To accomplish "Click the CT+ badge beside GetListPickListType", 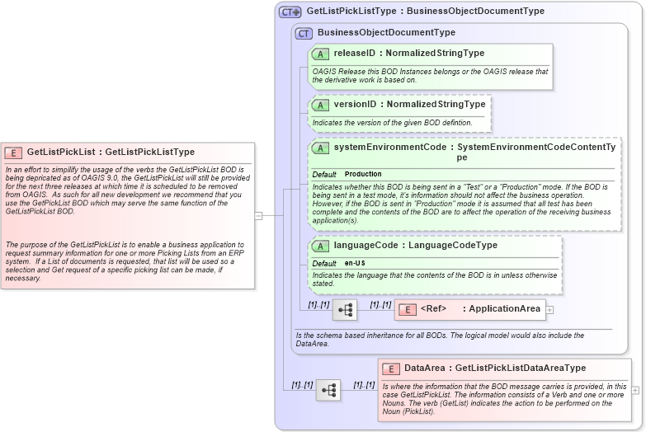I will click(x=290, y=12).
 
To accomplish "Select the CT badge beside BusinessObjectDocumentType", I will click(x=304, y=33).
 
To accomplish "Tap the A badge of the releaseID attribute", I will click(x=321, y=54).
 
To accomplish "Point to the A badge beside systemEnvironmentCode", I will click(x=321, y=148).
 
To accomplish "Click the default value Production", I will click(x=363, y=174).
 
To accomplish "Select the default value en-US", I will click(x=356, y=263).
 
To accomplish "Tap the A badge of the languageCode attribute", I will click(x=321, y=246).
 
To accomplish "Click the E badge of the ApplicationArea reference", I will click(x=408, y=309).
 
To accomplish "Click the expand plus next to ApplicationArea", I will click(x=549, y=310).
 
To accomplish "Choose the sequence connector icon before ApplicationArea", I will click(x=345, y=310).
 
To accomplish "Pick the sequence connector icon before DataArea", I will click(x=328, y=390).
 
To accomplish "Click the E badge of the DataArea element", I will click(x=392, y=369).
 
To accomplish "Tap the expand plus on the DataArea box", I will click(x=635, y=390).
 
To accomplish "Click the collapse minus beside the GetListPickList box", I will click(x=258, y=216).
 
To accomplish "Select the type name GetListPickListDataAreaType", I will click(x=521, y=369).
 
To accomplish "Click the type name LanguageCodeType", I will click(x=453, y=245).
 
